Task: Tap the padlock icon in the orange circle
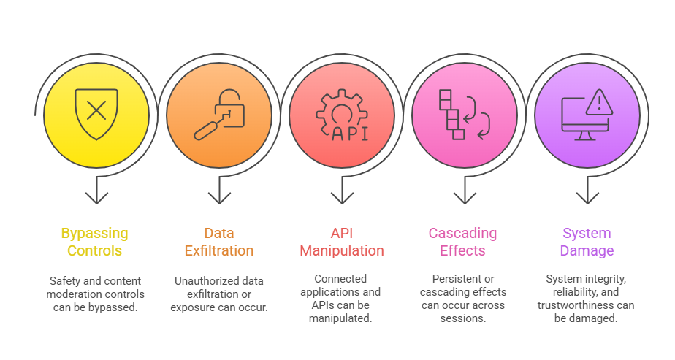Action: point(218,112)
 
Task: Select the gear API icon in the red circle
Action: point(340,114)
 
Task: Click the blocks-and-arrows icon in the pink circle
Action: point(463,114)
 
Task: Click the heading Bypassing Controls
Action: point(95,242)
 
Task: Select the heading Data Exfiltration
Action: point(218,242)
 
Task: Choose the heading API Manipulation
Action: point(341,242)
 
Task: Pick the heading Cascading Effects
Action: point(462,242)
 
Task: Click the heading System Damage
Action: point(587,242)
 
